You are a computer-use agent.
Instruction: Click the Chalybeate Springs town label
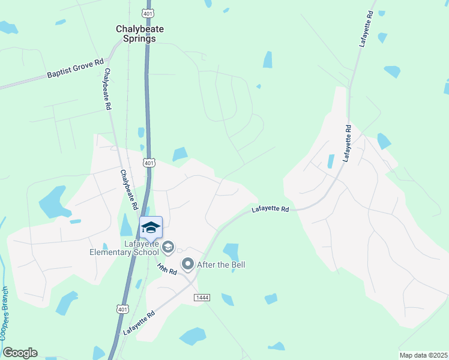pos(136,33)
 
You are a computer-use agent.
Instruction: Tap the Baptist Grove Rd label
pos(76,69)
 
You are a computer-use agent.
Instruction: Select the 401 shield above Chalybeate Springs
pos(148,13)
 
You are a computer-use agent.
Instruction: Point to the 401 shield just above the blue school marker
pos(149,163)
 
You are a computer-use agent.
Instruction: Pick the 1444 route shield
pos(202,298)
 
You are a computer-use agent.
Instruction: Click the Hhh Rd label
pos(167,269)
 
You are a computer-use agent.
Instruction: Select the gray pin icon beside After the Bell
pos(188,264)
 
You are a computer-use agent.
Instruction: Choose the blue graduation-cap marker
pos(151,227)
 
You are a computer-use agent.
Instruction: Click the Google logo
pos(20,353)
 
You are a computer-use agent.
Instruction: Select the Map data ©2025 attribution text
pos(423,355)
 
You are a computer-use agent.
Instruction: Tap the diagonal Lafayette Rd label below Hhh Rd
pos(139,323)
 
